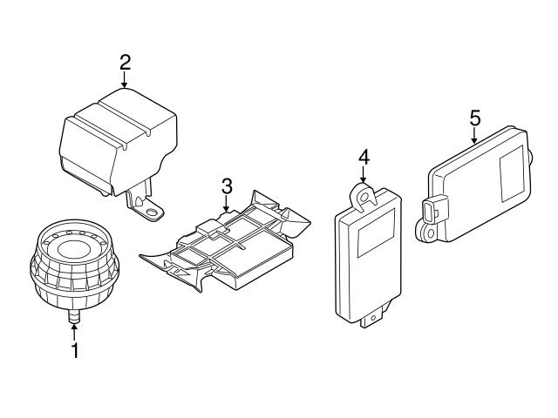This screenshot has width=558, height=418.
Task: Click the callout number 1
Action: pos(74,352)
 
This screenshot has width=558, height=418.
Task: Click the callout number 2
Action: pos(125,62)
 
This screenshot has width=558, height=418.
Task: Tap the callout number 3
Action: pos(227,185)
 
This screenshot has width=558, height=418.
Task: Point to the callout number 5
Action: pos(474,116)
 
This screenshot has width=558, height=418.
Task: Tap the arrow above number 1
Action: pos(74,332)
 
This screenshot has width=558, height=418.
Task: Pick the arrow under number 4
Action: pos(364,176)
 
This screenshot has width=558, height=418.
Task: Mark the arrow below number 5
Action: pos(474,135)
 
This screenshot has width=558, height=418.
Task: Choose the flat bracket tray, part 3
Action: pos(222,248)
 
